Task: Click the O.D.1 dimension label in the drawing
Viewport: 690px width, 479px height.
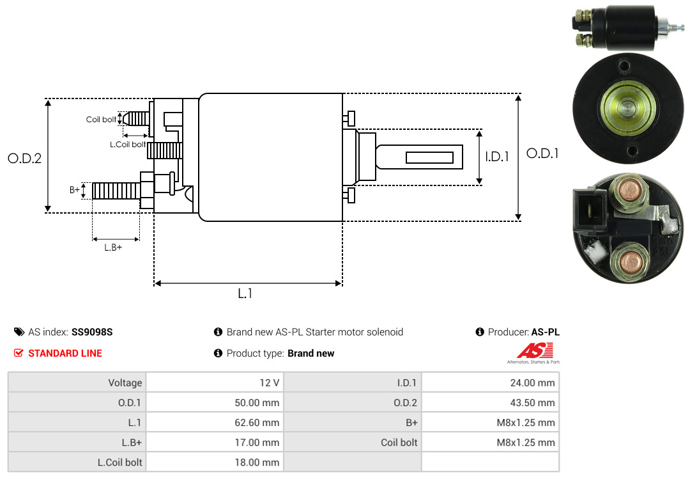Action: [542, 153]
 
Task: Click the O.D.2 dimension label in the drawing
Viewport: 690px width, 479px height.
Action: [24, 158]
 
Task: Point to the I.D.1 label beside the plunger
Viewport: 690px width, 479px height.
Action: [496, 156]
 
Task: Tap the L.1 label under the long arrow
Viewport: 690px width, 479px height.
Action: [245, 294]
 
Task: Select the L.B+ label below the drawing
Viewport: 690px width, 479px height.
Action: [112, 247]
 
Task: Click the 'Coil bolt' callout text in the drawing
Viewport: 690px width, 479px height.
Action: [101, 120]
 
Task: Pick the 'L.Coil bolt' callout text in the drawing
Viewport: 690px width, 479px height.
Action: [128, 145]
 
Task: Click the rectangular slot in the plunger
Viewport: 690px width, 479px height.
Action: [429, 157]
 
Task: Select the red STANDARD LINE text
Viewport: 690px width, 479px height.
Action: [65, 353]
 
